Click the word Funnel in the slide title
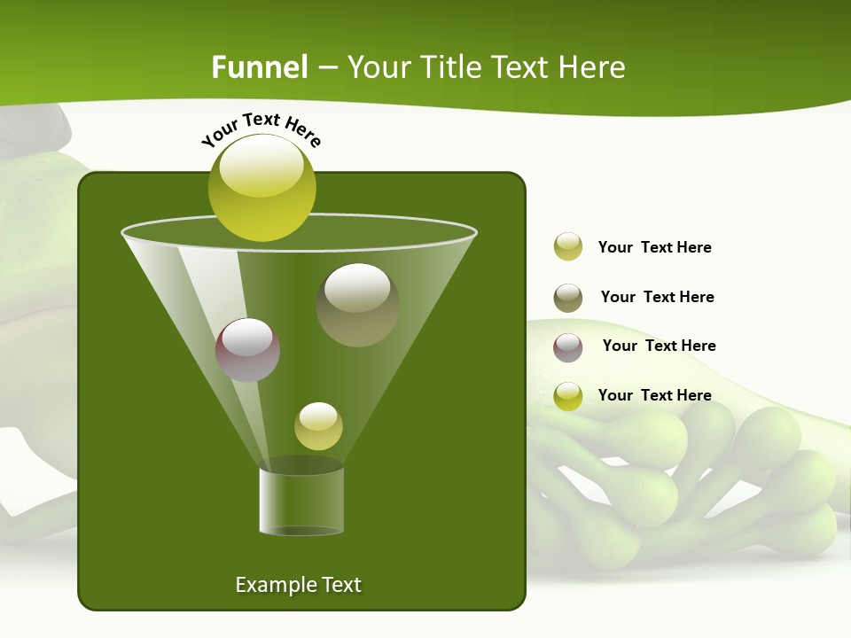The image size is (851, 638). [x=259, y=67]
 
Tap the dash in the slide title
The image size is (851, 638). [x=326, y=68]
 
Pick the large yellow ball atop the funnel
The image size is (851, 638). [x=262, y=187]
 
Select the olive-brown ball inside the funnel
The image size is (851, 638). [x=357, y=304]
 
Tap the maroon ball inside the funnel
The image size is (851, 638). [x=247, y=349]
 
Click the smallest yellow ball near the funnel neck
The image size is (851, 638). [x=318, y=425]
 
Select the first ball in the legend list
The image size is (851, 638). [x=568, y=246]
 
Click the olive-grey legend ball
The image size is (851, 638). [x=568, y=298]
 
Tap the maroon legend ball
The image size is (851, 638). [x=568, y=346]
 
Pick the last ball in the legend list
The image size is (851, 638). [x=568, y=396]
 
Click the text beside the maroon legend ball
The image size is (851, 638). [x=659, y=346]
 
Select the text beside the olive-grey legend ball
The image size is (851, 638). [x=657, y=297]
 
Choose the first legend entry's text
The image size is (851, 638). [x=654, y=247]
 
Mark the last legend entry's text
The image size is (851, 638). [x=654, y=395]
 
